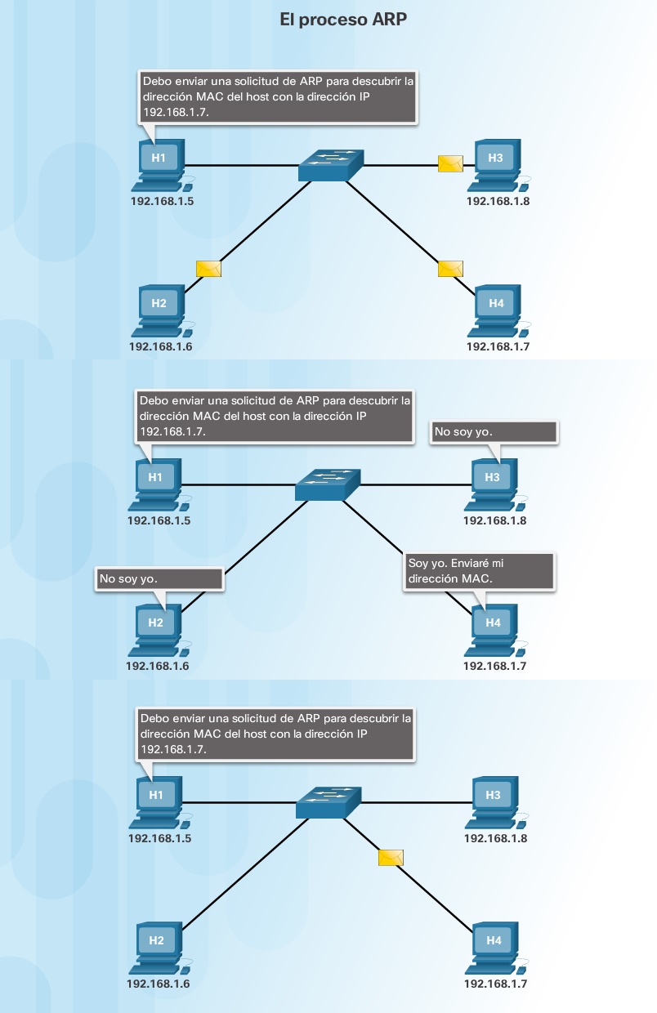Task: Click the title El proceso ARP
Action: (343, 20)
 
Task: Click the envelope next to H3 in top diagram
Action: (450, 163)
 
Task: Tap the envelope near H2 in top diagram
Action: (208, 269)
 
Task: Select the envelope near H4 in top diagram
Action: (450, 269)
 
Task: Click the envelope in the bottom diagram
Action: (391, 857)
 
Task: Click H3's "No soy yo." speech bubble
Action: (494, 432)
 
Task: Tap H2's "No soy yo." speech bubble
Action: (159, 578)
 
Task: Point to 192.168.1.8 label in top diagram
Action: (498, 201)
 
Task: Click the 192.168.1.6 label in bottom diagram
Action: (158, 984)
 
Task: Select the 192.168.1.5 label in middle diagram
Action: (159, 520)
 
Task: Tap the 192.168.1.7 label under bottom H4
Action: (495, 984)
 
